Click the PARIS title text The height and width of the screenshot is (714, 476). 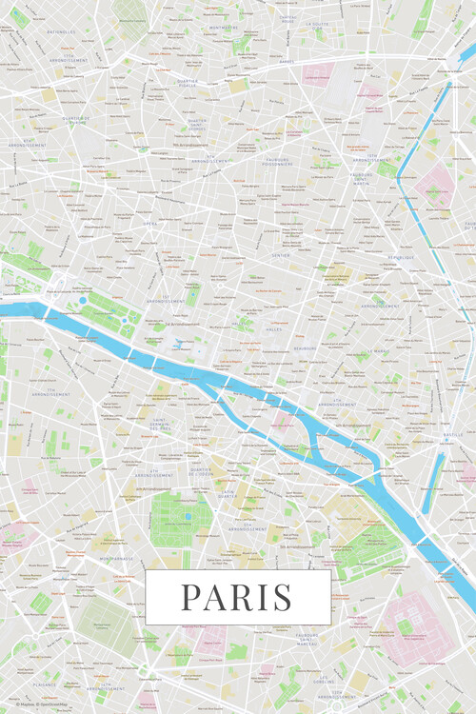pyautogui.click(x=237, y=597)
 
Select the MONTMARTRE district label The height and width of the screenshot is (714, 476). pyautogui.click(x=224, y=29)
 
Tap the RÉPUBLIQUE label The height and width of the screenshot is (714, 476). pyautogui.click(x=408, y=257)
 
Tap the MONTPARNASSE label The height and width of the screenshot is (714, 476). pyautogui.click(x=118, y=559)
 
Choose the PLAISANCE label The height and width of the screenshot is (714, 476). pyautogui.click(x=44, y=683)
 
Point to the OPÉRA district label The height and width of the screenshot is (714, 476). pyautogui.click(x=150, y=224)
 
